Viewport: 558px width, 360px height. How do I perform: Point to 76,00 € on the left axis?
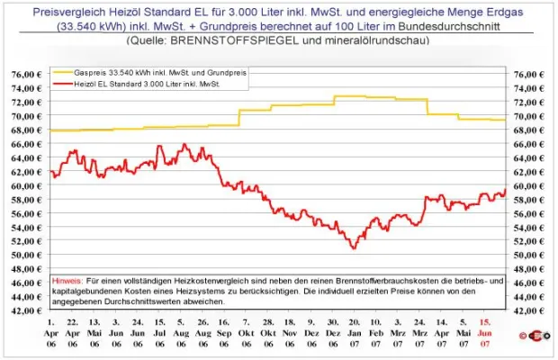28,74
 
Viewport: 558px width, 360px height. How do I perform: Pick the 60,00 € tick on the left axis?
28,185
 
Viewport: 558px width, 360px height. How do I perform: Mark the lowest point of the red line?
354,247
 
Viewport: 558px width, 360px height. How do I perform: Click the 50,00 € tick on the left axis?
28,255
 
